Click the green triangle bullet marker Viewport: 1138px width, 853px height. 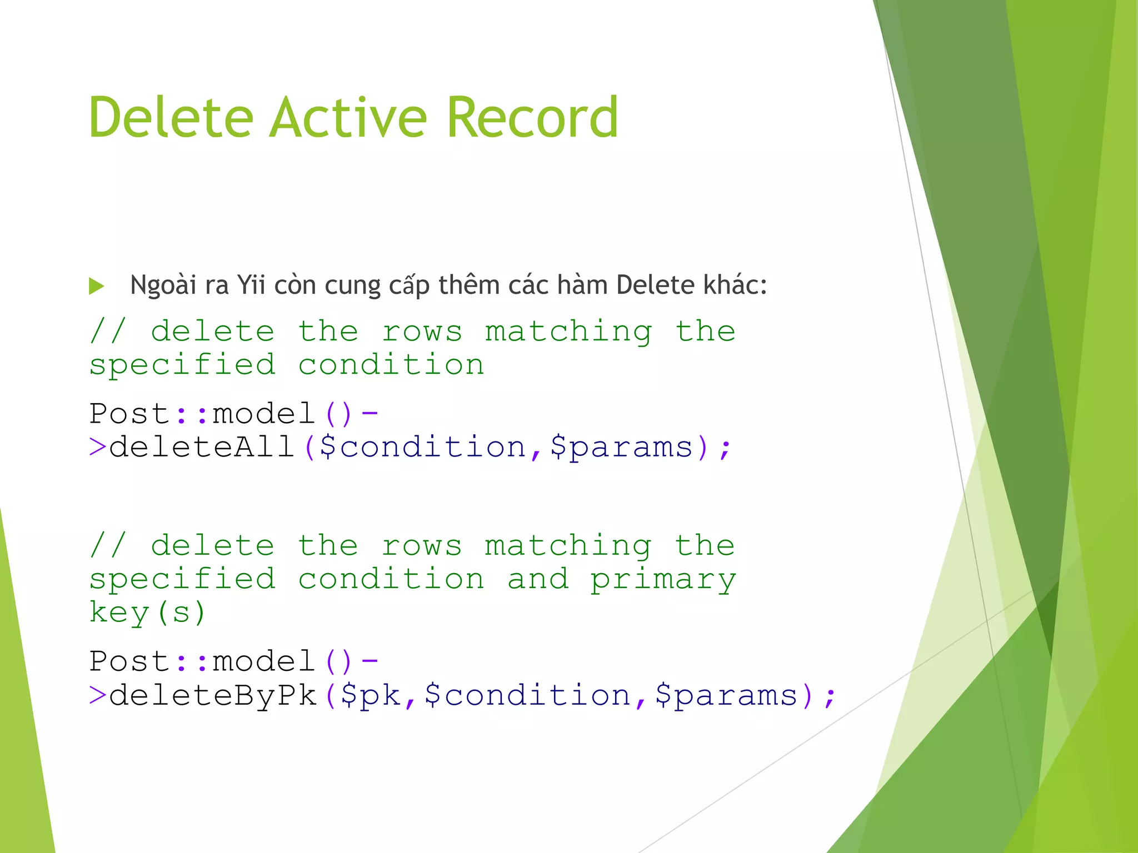(x=97, y=286)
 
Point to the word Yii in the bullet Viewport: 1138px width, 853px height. (x=251, y=285)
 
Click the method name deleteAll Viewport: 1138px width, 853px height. (x=202, y=447)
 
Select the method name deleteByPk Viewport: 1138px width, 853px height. (x=213, y=695)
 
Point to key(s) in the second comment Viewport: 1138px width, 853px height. (x=148, y=613)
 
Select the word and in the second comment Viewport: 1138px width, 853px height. (x=538, y=579)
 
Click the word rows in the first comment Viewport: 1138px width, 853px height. (x=422, y=332)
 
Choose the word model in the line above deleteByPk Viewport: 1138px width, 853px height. (x=264, y=661)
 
